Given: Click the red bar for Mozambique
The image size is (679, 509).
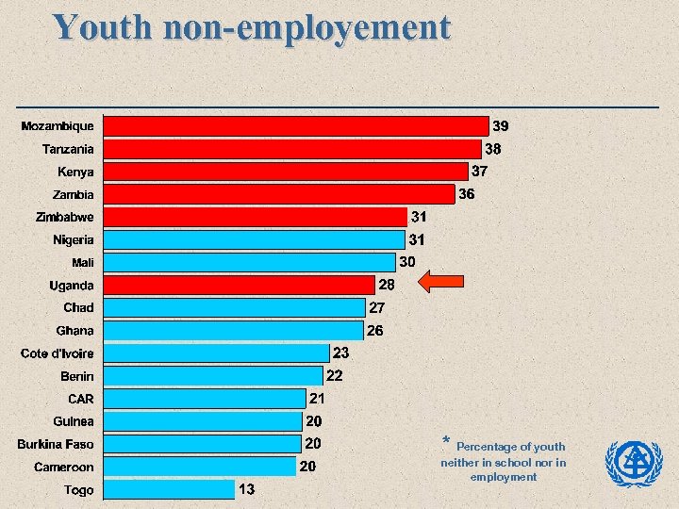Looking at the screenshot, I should point(295,125).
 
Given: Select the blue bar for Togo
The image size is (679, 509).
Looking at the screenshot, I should point(169,489).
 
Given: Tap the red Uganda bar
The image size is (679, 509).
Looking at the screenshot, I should point(239,285).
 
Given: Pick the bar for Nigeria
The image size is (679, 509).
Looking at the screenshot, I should point(254,239).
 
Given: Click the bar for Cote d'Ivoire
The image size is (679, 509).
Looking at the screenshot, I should point(216,353).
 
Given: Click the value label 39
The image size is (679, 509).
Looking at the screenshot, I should point(502,125).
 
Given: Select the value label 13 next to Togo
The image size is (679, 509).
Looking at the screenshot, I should point(246,489).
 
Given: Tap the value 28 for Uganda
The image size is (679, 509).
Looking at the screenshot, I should point(387,285).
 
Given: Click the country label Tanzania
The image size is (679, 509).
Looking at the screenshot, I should point(68,149).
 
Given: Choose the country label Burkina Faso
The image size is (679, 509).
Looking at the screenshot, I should point(56,444).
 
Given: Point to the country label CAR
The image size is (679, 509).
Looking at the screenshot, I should point(80,399).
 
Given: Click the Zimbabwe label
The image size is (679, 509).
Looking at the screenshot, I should point(65,217).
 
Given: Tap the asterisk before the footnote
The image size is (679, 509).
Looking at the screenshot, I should point(447,442).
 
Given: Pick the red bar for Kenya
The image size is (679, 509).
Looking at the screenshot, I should point(286,171).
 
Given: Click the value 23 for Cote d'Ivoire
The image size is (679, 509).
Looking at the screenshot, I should point(341,353).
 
